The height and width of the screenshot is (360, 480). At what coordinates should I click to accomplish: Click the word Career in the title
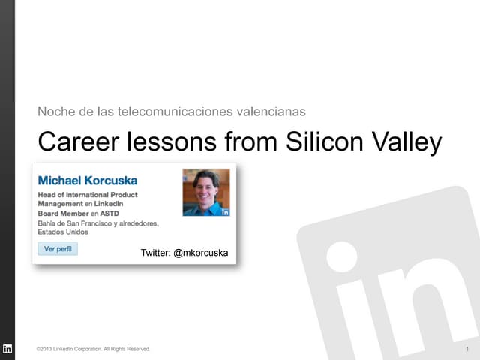click(74, 142)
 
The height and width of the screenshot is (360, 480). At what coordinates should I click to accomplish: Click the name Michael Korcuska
click(88, 181)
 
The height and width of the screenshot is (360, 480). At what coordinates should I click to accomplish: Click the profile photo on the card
click(206, 192)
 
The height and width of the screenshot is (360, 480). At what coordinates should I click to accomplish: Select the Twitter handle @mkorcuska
click(200, 253)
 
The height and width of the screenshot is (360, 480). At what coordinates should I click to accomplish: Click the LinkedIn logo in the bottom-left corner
click(7, 349)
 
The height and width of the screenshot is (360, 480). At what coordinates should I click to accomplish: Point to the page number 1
click(467, 349)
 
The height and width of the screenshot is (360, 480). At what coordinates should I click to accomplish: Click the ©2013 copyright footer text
click(93, 349)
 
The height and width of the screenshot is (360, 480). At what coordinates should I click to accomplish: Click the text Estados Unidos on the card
click(63, 232)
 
